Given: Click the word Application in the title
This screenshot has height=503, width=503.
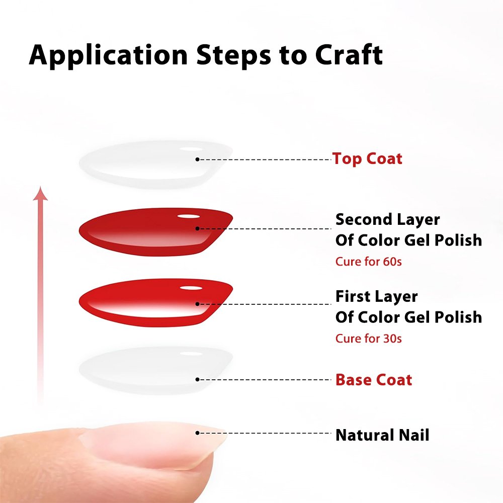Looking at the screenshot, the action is point(109,55).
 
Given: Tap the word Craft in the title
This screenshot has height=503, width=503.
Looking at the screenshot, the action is point(349,54).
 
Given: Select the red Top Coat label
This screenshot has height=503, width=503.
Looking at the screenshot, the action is point(367,159).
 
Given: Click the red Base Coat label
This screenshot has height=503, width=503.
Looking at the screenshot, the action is point(374,380).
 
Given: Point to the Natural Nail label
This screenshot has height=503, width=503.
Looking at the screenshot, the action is point(382,435).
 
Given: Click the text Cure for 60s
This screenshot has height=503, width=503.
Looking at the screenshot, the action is point(369,262).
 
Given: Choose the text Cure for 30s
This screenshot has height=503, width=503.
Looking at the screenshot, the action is point(369,339).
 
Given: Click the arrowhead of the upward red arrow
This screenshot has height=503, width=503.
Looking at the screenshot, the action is point(40,193).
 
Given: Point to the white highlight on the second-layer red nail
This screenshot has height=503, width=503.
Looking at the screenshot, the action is point(189,216).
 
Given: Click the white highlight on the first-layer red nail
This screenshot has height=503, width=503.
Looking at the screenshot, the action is point(191,288).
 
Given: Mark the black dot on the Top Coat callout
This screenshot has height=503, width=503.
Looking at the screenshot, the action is point(197,159).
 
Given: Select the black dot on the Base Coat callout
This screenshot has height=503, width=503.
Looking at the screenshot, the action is point(197,379).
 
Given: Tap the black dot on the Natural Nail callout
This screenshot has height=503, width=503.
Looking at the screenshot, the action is point(197,433).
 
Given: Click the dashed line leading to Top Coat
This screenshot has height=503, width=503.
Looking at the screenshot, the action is point(265,159).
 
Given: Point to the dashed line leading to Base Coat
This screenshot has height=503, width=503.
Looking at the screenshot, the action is point(265,379).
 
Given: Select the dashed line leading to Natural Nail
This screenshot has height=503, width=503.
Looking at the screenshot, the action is point(265,433).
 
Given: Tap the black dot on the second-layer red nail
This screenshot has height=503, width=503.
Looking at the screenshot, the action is point(197,229).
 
